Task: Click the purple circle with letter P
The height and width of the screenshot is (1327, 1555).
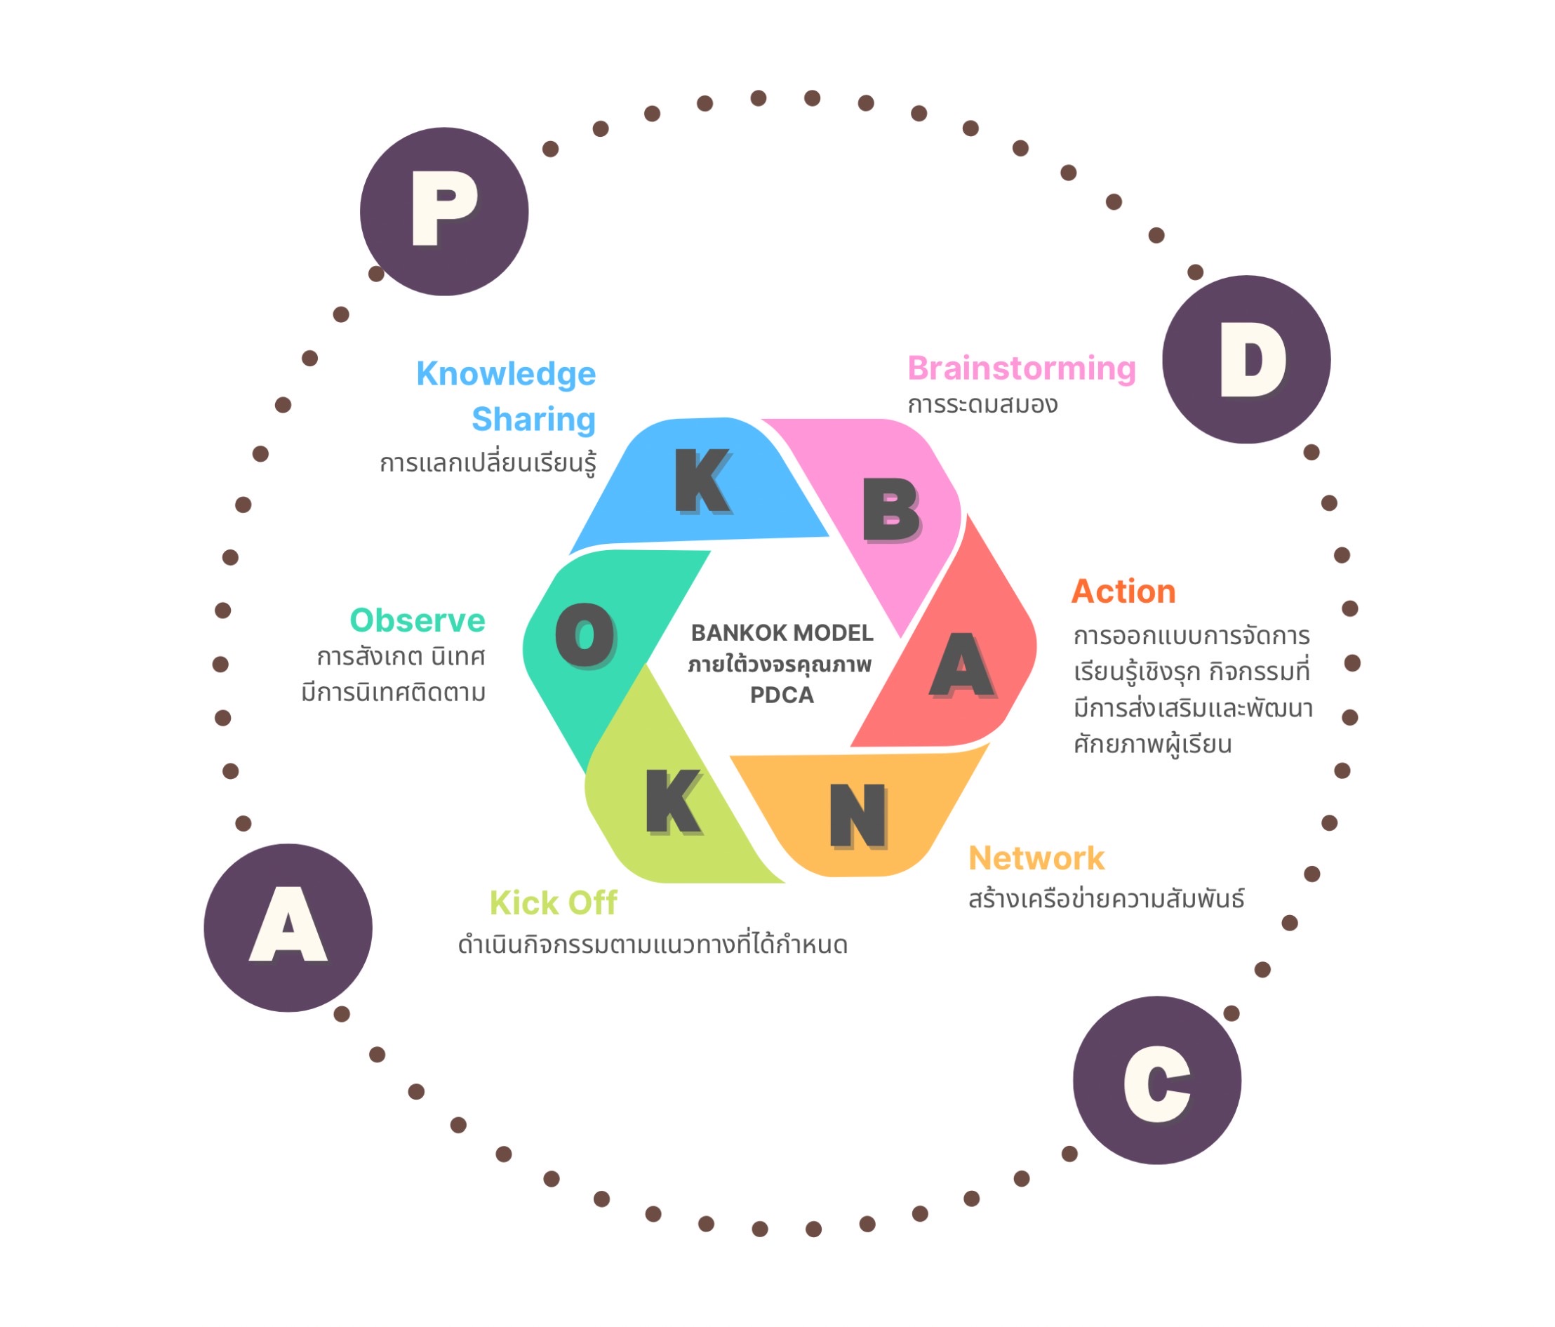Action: (x=443, y=212)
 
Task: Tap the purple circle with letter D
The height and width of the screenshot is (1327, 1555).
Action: (x=1246, y=359)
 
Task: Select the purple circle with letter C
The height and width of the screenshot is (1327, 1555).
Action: (x=1156, y=1080)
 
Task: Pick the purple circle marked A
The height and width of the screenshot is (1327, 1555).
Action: (x=288, y=928)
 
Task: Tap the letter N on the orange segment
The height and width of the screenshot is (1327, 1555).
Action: (x=857, y=816)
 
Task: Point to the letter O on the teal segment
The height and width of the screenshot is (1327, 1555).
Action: (x=585, y=635)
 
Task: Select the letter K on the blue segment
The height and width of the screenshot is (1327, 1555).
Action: (x=702, y=481)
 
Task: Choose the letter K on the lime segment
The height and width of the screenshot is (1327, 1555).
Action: (x=672, y=801)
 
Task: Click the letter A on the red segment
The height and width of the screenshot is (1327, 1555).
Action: (x=963, y=665)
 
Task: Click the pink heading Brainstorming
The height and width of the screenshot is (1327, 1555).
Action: (x=1022, y=368)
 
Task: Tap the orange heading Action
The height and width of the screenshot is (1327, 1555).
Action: (x=1123, y=592)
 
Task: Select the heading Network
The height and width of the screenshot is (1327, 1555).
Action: (x=1036, y=858)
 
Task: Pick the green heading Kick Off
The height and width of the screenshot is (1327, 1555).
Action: (x=553, y=903)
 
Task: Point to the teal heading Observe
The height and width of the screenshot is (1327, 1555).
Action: (x=418, y=621)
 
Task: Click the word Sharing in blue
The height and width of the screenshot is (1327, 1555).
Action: (x=533, y=420)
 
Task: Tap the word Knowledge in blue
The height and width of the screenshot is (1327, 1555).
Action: (x=506, y=374)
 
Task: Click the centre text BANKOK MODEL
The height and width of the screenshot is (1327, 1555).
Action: (x=782, y=633)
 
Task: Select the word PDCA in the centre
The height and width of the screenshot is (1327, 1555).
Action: (x=782, y=695)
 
